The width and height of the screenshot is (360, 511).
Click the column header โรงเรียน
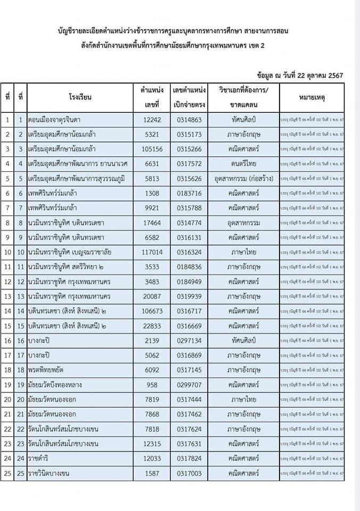pyautogui.click(x=80, y=97)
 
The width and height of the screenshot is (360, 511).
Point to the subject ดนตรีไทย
pyautogui.click(x=243, y=164)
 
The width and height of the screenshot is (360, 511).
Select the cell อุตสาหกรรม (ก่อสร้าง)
pyautogui.click(x=243, y=179)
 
